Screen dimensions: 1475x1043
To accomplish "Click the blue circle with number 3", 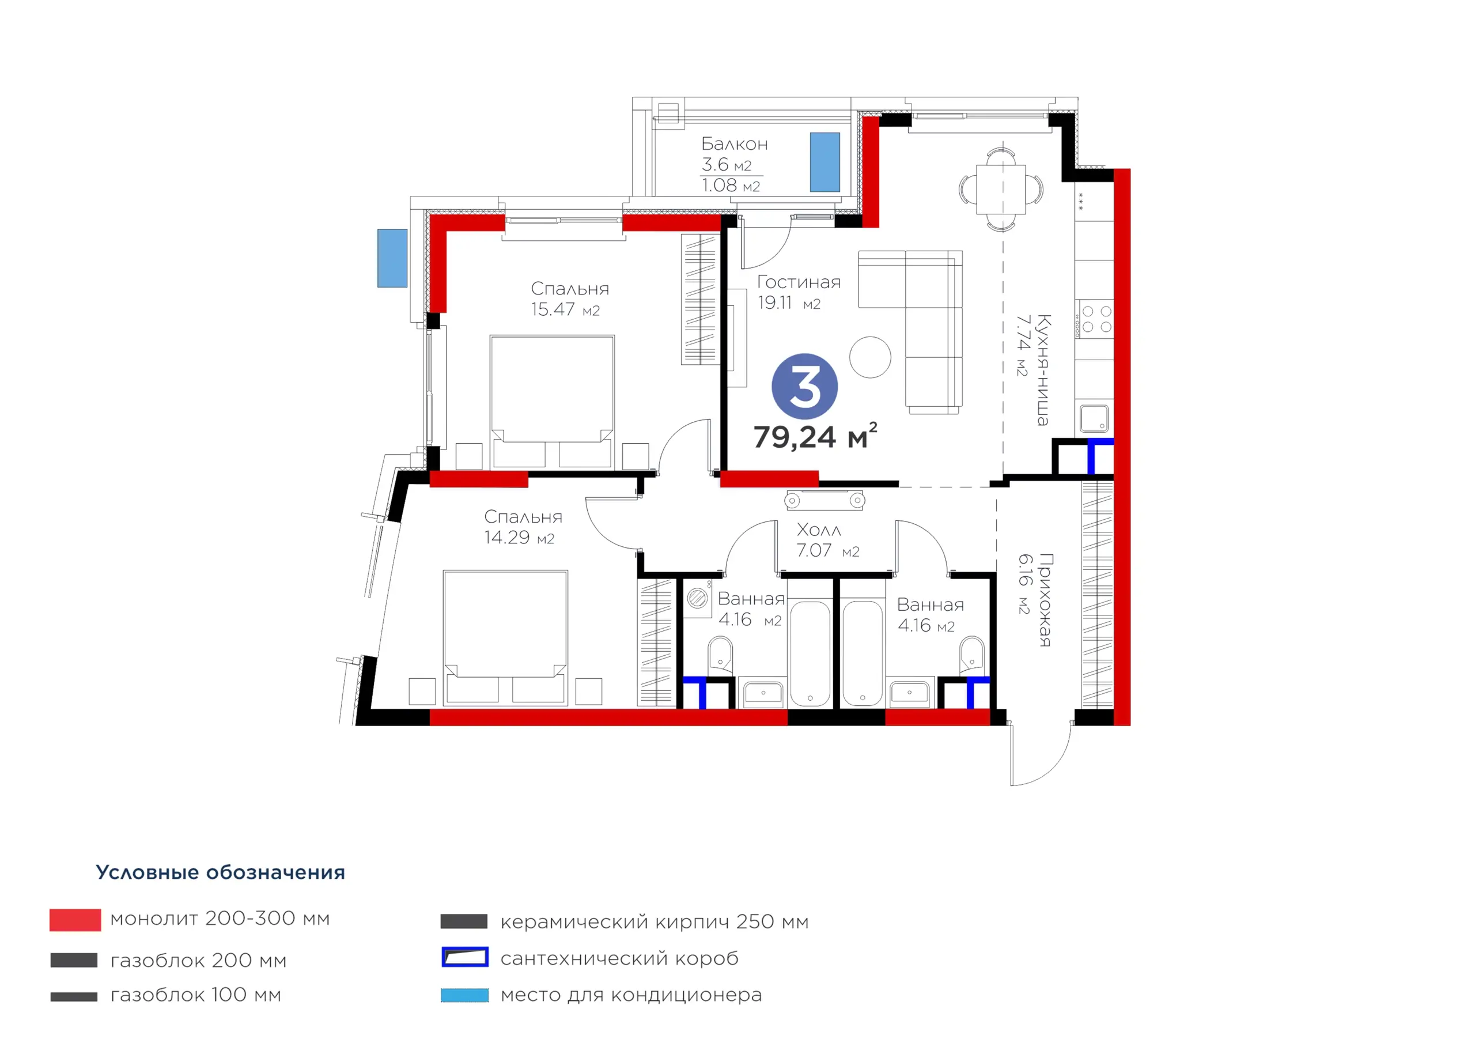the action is point(804,387).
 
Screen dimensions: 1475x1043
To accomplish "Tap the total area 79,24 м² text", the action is point(815,436).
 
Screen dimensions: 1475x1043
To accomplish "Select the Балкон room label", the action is point(734,144).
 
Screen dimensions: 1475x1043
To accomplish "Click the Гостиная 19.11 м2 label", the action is point(799,292).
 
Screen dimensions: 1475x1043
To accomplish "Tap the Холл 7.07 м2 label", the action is point(827,540).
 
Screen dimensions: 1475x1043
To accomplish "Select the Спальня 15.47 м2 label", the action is point(570,299).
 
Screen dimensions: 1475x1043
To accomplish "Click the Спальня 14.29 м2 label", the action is point(523,527).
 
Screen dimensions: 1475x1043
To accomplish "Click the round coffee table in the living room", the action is point(870,357).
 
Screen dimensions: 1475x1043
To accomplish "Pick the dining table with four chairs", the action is point(1001,190).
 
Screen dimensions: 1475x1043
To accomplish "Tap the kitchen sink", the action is point(1094,418).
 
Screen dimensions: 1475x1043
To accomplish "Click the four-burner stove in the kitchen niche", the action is point(1096,319).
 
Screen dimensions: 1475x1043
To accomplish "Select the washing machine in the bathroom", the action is point(697,598).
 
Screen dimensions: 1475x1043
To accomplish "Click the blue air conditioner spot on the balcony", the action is point(825,162).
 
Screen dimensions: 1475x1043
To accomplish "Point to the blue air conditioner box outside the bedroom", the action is point(392,258).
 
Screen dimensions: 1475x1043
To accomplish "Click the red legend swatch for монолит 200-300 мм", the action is point(75,920).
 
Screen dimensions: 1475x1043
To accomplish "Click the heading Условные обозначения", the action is point(220,872).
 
